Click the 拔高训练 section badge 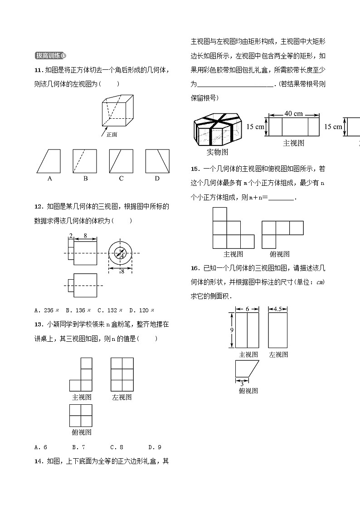(50, 56)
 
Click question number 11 (39, 70)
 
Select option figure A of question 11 (49, 161)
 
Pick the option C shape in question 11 (121, 161)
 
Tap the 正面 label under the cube (112, 135)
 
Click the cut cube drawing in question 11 (117, 111)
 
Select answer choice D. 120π (141, 310)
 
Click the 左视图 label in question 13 (122, 397)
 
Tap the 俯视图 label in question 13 (82, 432)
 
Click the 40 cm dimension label (293, 114)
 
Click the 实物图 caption (217, 151)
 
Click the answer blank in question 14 (236, 84)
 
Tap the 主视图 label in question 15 (233, 254)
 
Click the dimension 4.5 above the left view (278, 309)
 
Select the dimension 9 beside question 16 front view (231, 330)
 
